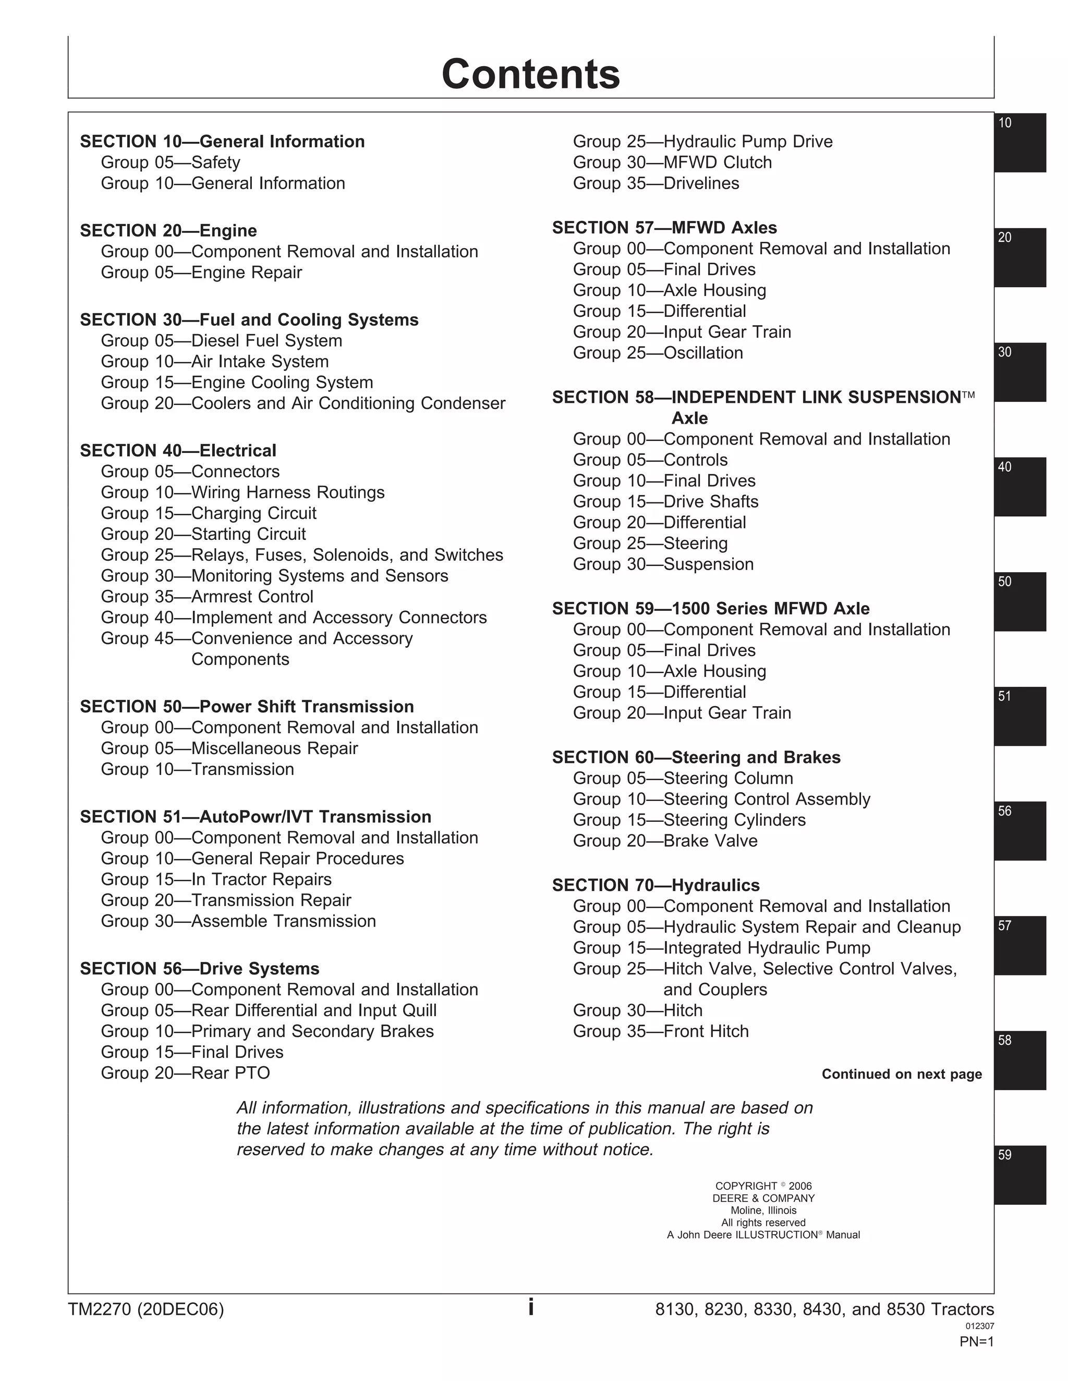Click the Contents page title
tap(530, 74)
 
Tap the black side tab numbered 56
tap(1020, 831)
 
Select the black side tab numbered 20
tap(1020, 257)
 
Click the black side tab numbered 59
tap(1020, 1175)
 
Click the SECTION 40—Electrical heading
tap(178, 451)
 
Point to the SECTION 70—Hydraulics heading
tap(656, 885)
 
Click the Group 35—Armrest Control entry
tap(207, 597)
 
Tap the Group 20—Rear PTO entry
tap(185, 1073)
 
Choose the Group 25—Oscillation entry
tap(658, 353)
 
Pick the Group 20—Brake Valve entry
tap(665, 841)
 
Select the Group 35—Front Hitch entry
tap(661, 1031)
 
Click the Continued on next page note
tap(901, 1075)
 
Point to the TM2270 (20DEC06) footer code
tap(145, 1310)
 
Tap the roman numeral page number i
tap(531, 1307)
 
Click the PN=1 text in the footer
tap(976, 1360)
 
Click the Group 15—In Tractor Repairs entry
tap(216, 880)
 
